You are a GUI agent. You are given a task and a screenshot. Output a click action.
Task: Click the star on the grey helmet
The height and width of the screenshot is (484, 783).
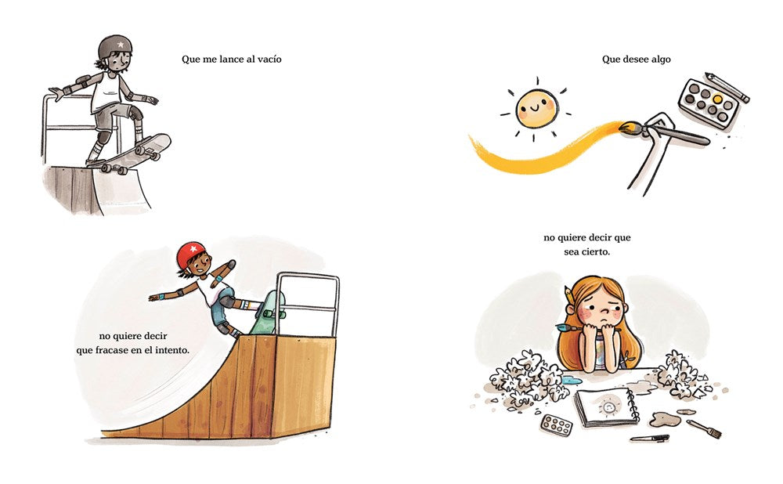point(121,45)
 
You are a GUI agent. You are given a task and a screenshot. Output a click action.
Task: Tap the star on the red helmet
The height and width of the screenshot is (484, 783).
point(193,249)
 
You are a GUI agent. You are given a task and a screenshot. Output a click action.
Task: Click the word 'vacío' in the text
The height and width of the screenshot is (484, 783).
point(269,60)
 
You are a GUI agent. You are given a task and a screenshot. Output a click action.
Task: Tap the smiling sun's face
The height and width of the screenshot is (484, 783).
point(536,108)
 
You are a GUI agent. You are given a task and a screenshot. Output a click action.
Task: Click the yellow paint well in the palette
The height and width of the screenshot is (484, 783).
point(717,99)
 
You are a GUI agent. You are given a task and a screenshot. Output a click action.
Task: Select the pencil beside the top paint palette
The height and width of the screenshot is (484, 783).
point(727,88)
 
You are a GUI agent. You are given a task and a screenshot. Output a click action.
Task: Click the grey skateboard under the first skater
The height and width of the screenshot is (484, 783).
point(130,154)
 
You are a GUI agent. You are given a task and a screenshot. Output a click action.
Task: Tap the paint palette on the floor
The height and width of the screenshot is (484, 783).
point(556,425)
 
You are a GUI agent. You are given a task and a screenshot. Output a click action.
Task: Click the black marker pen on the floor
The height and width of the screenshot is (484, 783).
point(649,439)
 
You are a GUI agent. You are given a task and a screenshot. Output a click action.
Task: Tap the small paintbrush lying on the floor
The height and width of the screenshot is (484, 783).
point(704,428)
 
